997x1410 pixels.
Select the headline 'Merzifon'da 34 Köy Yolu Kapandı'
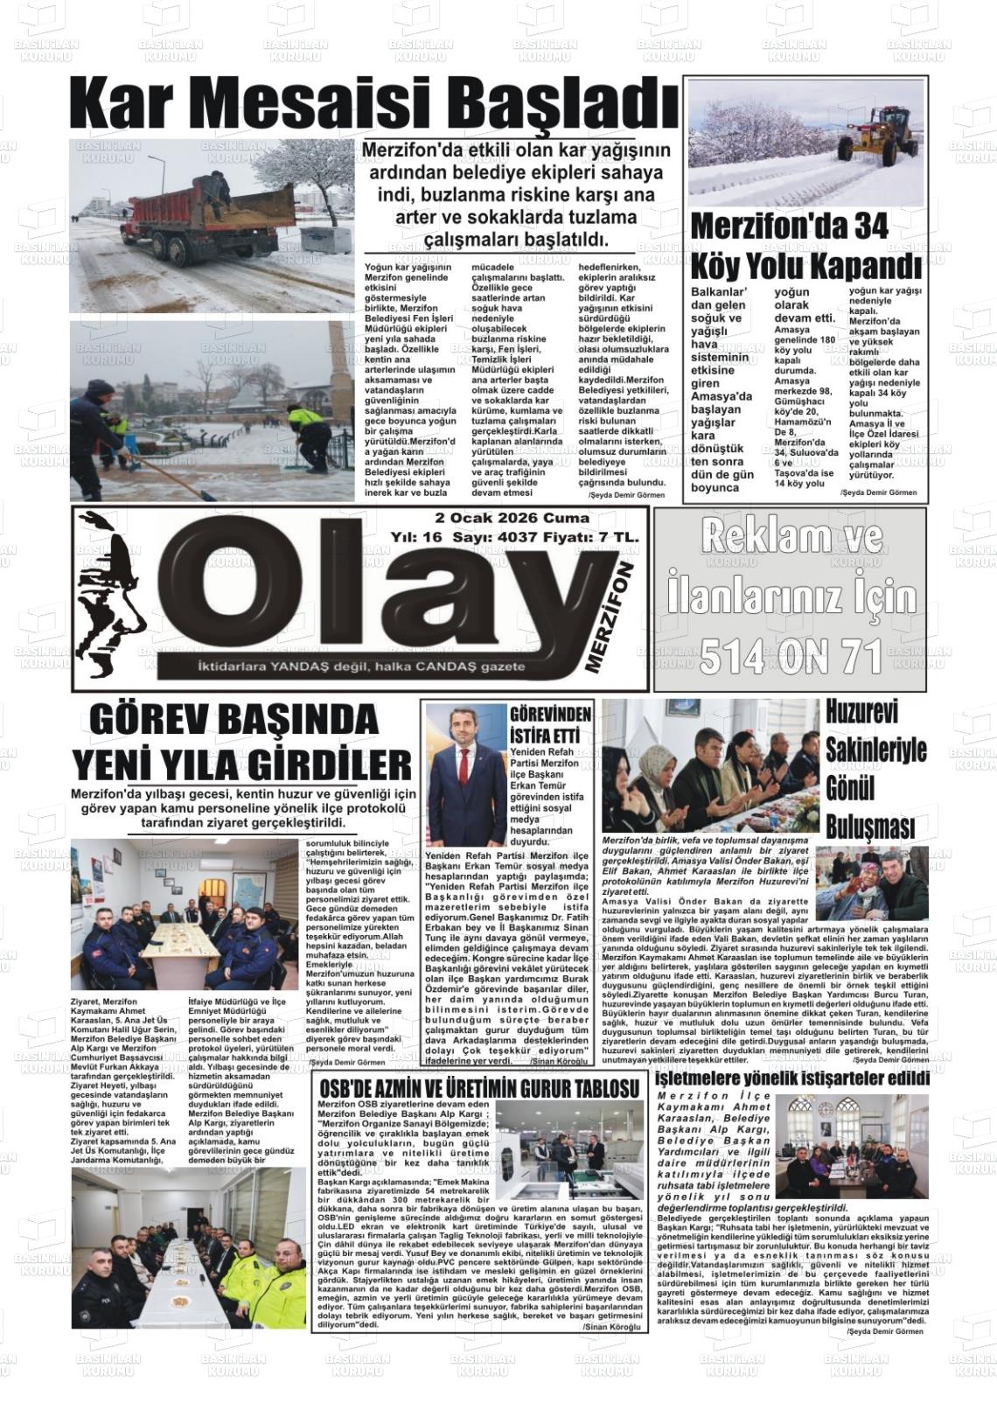coord(805,245)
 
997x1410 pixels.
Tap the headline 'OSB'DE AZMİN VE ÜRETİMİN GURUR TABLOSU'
coord(479,1088)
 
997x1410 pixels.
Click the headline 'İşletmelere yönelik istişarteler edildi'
coord(791,1079)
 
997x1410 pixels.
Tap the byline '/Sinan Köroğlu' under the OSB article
coord(611,1326)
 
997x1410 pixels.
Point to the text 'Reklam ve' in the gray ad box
coord(790,536)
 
